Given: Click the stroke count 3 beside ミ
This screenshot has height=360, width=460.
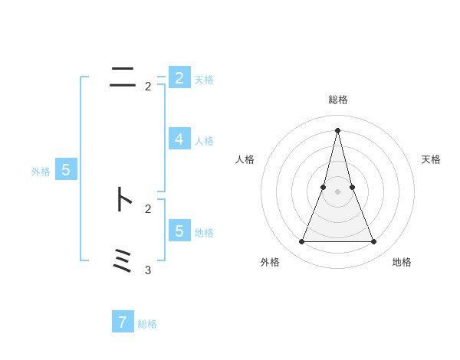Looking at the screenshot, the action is (x=148, y=270).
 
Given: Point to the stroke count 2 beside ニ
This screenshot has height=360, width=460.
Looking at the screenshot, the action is (x=148, y=87).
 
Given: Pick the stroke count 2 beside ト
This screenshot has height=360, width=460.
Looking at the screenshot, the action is (x=148, y=208).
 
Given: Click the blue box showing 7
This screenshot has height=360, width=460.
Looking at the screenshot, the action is (x=123, y=322).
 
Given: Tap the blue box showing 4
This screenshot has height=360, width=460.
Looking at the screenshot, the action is (x=179, y=139).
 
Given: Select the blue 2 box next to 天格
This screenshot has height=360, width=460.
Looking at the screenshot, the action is (x=179, y=77).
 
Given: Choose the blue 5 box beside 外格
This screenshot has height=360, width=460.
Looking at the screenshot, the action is (x=66, y=170).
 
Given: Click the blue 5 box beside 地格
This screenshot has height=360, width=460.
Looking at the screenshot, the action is (x=179, y=231).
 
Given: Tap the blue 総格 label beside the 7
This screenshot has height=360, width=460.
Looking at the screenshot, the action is (x=147, y=324).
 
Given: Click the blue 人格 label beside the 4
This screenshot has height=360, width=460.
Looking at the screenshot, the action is (x=204, y=141).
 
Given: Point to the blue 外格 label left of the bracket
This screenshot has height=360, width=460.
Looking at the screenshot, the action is (x=41, y=172).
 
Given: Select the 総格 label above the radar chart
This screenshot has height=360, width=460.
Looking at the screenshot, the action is (x=337, y=100).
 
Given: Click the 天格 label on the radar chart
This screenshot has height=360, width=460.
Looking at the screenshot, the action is (x=431, y=159).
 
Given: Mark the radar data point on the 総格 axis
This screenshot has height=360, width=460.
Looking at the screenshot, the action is (x=337, y=129).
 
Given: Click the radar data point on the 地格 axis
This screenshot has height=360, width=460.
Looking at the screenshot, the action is (x=374, y=242).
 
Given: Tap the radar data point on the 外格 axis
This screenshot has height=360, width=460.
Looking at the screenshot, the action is (x=301, y=242).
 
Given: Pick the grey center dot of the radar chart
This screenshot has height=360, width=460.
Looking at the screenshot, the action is (x=337, y=191).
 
